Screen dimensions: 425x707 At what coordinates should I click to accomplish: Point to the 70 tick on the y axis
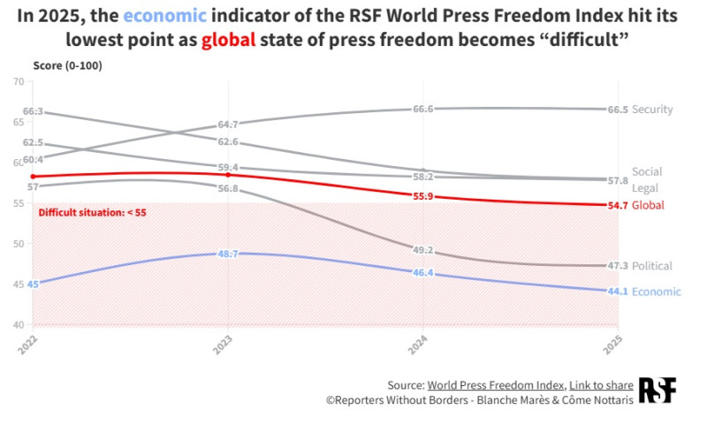click(19, 82)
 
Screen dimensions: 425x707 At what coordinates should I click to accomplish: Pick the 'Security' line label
click(653, 110)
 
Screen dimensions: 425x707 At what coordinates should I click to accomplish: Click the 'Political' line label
click(652, 266)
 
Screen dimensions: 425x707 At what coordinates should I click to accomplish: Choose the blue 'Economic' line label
click(657, 292)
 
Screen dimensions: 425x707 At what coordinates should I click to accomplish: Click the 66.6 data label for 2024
click(422, 109)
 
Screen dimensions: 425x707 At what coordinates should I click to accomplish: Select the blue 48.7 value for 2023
click(228, 254)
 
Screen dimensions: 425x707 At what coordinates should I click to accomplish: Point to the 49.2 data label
click(422, 250)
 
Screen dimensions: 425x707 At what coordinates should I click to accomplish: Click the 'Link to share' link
click(600, 385)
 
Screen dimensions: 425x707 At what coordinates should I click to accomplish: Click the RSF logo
click(658, 391)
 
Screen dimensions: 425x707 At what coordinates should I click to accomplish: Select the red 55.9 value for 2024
click(422, 196)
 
